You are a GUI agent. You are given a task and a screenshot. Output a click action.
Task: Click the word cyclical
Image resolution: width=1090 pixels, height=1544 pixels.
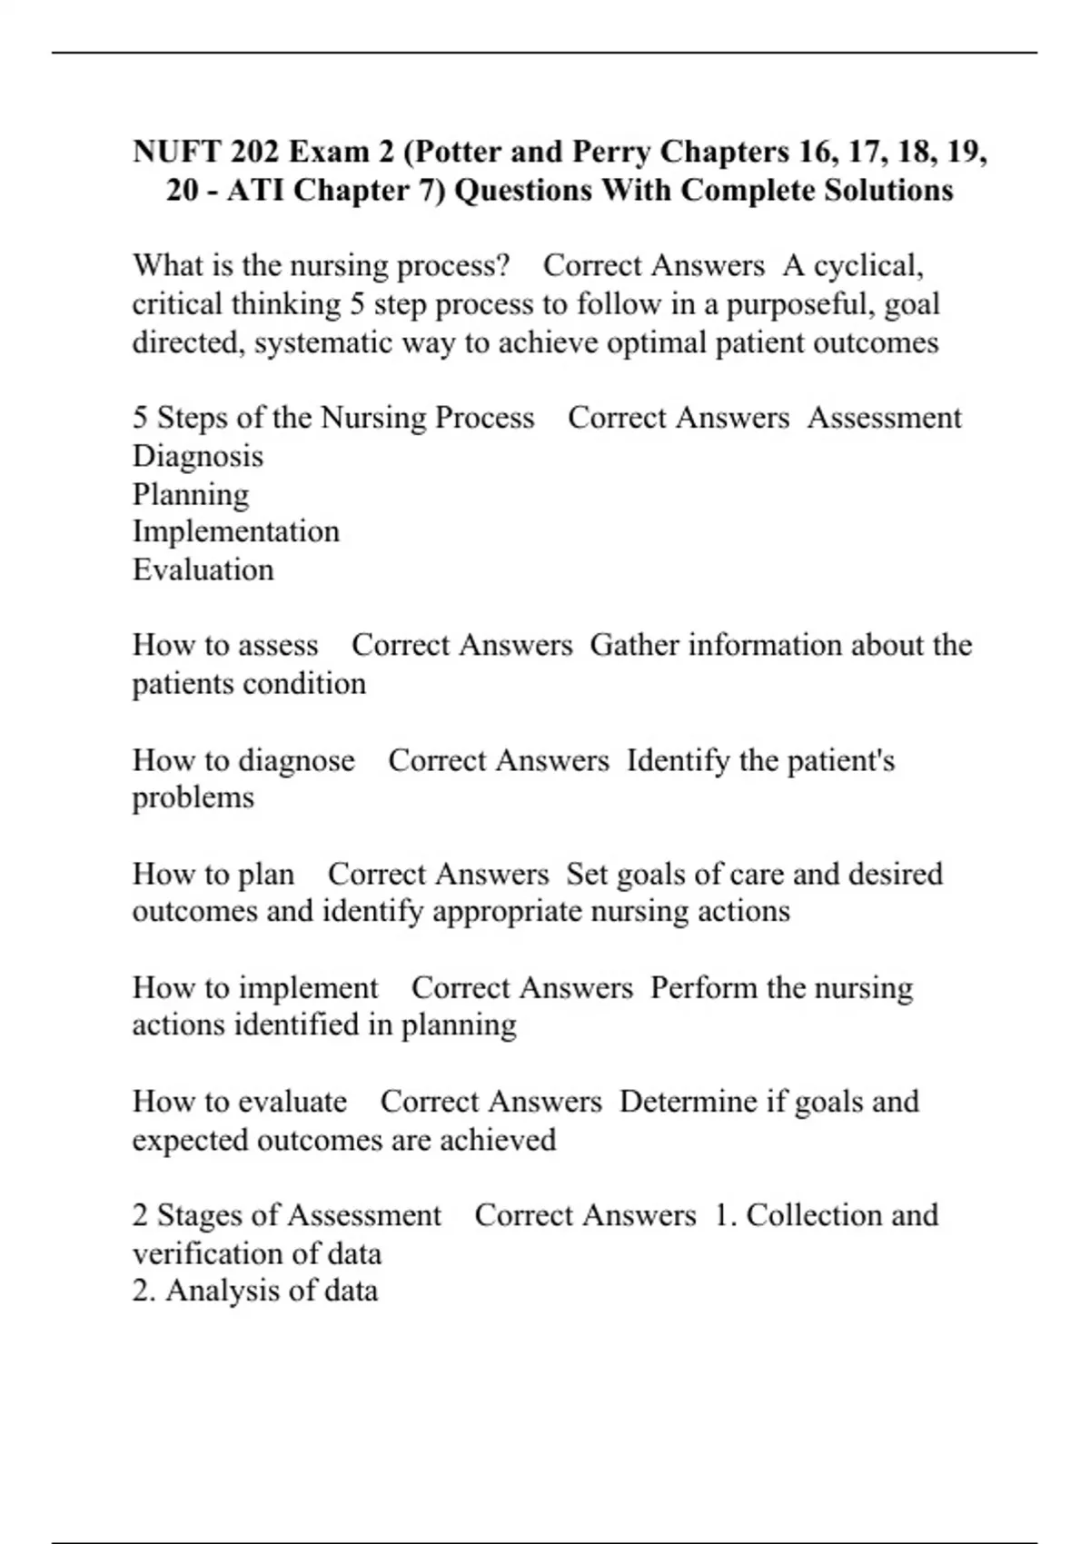click(868, 266)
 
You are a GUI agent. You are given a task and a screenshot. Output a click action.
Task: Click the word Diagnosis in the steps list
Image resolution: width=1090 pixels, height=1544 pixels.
click(198, 456)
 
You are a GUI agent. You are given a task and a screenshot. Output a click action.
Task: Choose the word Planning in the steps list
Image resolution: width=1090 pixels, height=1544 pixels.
click(191, 495)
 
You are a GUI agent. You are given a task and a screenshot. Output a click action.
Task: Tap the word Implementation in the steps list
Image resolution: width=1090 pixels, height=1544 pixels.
click(236, 532)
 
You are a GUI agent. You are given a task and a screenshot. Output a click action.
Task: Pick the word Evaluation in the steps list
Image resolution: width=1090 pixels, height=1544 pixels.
click(203, 570)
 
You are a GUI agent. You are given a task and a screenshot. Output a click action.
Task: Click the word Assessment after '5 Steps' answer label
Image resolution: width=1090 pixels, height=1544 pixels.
click(884, 418)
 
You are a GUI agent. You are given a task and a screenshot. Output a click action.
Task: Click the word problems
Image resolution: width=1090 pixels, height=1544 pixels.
click(193, 798)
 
